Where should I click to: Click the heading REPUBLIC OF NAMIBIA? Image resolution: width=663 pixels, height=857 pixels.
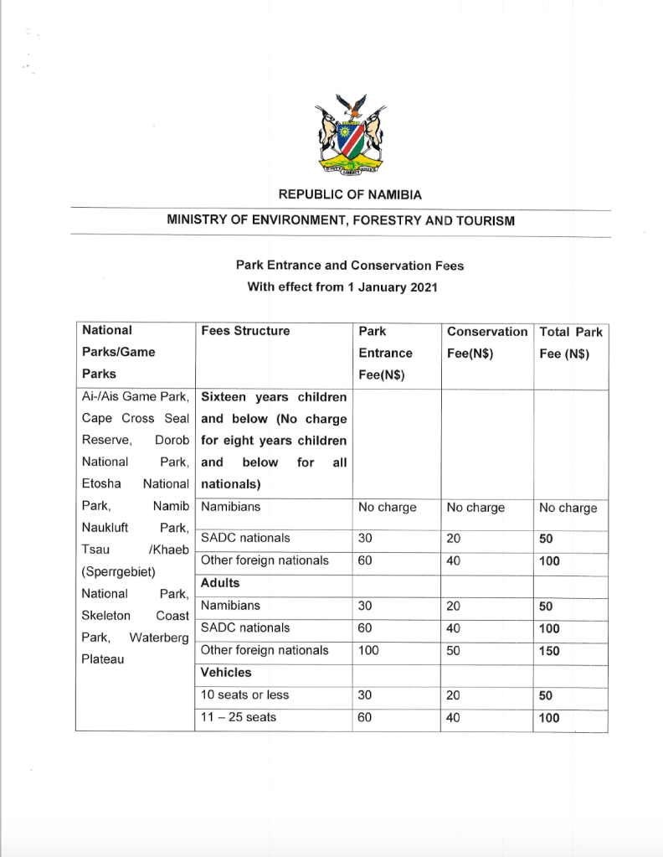[x=350, y=194]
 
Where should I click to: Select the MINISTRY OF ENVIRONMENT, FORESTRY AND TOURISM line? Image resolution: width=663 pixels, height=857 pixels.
[x=341, y=221]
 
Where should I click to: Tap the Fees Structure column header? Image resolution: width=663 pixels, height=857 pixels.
[x=245, y=331]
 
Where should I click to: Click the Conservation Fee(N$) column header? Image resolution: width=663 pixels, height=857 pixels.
[x=486, y=342]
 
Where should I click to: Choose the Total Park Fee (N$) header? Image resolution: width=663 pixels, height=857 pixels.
[x=570, y=342]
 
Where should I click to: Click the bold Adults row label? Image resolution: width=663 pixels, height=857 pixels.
[x=220, y=583]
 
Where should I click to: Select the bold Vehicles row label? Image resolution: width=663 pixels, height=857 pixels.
[x=226, y=673]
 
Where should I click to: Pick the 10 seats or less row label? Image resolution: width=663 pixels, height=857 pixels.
[x=245, y=695]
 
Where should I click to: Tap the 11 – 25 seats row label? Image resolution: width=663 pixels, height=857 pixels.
[x=239, y=718]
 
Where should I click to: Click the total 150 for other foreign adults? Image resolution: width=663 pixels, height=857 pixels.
[x=550, y=651]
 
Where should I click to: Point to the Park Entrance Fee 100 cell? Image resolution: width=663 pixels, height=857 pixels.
[x=369, y=650]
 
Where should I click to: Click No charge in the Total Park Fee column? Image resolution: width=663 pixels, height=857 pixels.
[x=568, y=508]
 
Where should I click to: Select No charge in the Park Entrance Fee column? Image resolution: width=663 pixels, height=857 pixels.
[x=387, y=508]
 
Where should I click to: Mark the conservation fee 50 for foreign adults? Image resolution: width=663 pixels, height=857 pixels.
[x=454, y=650]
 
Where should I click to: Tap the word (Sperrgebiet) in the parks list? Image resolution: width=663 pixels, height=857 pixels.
[x=116, y=571]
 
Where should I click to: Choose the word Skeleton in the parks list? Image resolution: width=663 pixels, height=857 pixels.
[x=107, y=616]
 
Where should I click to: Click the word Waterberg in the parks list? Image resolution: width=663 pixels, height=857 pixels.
[x=159, y=638]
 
